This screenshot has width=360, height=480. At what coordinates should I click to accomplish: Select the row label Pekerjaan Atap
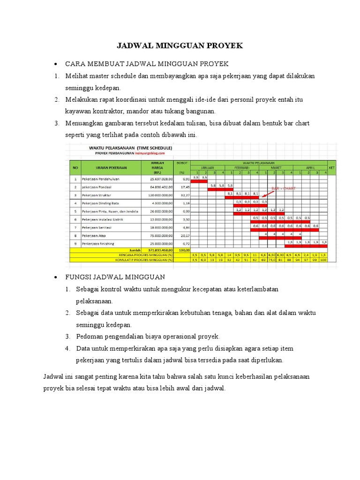92,235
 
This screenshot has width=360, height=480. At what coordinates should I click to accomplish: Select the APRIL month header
310,167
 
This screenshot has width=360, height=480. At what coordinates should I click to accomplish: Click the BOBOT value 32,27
183,195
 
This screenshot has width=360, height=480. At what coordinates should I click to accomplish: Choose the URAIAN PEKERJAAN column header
105,167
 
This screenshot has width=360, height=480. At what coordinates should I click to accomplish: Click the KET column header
331,167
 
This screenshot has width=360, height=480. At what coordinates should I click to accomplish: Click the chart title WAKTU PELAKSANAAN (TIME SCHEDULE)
131,147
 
